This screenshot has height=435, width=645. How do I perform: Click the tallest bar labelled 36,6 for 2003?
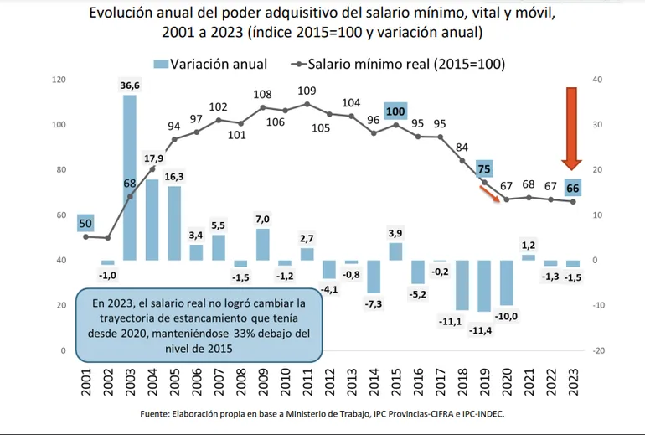point(130,176)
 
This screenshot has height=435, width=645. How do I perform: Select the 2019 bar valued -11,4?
point(483,286)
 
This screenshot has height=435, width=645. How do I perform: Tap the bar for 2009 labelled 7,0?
point(263,244)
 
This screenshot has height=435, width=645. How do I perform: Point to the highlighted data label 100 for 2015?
point(395,111)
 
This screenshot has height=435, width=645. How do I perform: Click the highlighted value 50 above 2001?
point(86,223)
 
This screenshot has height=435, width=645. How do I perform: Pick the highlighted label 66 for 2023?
point(573,187)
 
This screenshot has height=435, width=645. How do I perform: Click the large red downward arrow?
point(573,126)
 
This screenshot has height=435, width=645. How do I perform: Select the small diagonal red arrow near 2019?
point(488,197)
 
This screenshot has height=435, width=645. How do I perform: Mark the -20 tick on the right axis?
point(597,350)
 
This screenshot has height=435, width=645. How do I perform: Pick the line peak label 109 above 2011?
point(307,91)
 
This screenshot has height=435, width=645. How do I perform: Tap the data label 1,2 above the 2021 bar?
point(528,245)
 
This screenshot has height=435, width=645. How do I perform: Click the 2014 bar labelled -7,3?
point(374,277)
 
